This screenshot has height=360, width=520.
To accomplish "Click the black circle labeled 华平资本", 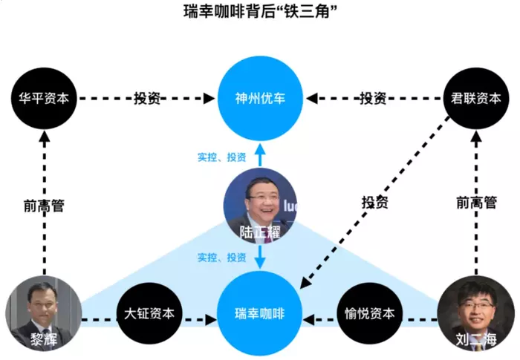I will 44,98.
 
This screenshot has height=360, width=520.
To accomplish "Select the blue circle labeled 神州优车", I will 260,97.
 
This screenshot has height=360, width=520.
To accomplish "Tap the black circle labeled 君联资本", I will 475,98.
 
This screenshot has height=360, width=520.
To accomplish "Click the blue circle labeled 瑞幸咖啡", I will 260,313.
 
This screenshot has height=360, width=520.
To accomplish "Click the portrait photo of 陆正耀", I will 260,200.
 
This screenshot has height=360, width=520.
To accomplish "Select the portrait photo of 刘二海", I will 477,308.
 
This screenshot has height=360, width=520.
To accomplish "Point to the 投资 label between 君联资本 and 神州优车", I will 373,98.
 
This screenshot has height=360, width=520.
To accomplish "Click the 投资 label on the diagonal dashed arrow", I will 374,201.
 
